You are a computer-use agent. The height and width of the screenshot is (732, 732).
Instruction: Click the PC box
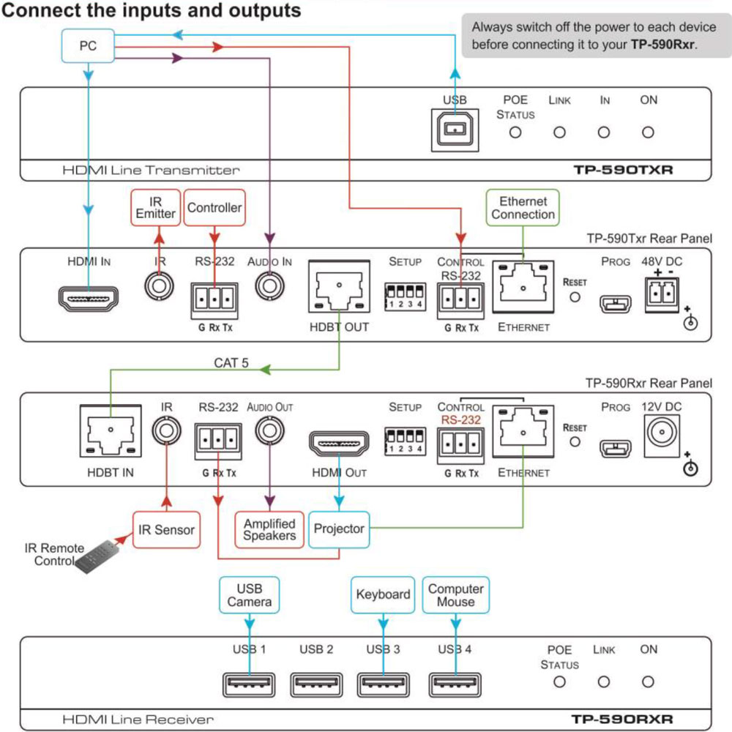pyautogui.click(x=88, y=45)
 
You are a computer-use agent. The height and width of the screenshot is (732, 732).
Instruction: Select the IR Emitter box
pyautogui.click(x=155, y=208)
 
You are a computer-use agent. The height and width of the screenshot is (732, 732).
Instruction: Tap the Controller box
pyautogui.click(x=214, y=208)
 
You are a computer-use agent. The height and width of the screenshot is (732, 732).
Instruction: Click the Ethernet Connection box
pyautogui.click(x=523, y=208)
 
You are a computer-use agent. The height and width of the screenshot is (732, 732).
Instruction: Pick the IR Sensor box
pyautogui.click(x=166, y=529)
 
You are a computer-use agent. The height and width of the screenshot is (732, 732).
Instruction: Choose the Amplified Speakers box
pyautogui.click(x=269, y=529)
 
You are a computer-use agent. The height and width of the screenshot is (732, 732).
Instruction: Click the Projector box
pyautogui.click(x=339, y=529)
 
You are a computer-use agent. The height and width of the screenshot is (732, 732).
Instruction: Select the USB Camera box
pyautogui.click(x=250, y=595)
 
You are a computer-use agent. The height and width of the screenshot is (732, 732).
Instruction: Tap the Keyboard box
pyautogui.click(x=383, y=595)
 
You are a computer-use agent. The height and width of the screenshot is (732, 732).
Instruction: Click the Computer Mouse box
pyautogui.click(x=455, y=595)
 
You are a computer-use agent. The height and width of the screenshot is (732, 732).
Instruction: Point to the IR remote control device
pyautogui.click(x=97, y=557)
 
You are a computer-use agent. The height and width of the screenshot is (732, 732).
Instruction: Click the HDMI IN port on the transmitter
pyautogui.click(x=89, y=299)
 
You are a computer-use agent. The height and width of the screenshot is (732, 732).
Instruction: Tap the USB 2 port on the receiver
pyautogui.click(x=316, y=685)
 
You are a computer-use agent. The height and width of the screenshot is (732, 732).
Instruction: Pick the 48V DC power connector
pyautogui.click(x=662, y=294)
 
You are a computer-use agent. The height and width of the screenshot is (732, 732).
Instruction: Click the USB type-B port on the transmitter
pyautogui.click(x=455, y=130)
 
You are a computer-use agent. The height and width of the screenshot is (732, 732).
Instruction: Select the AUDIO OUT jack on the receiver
pyautogui.click(x=269, y=430)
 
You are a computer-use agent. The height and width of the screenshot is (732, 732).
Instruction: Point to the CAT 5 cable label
pyautogui.click(x=231, y=363)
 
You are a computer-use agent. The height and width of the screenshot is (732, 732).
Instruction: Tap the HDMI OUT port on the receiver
pyautogui.click(x=339, y=444)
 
